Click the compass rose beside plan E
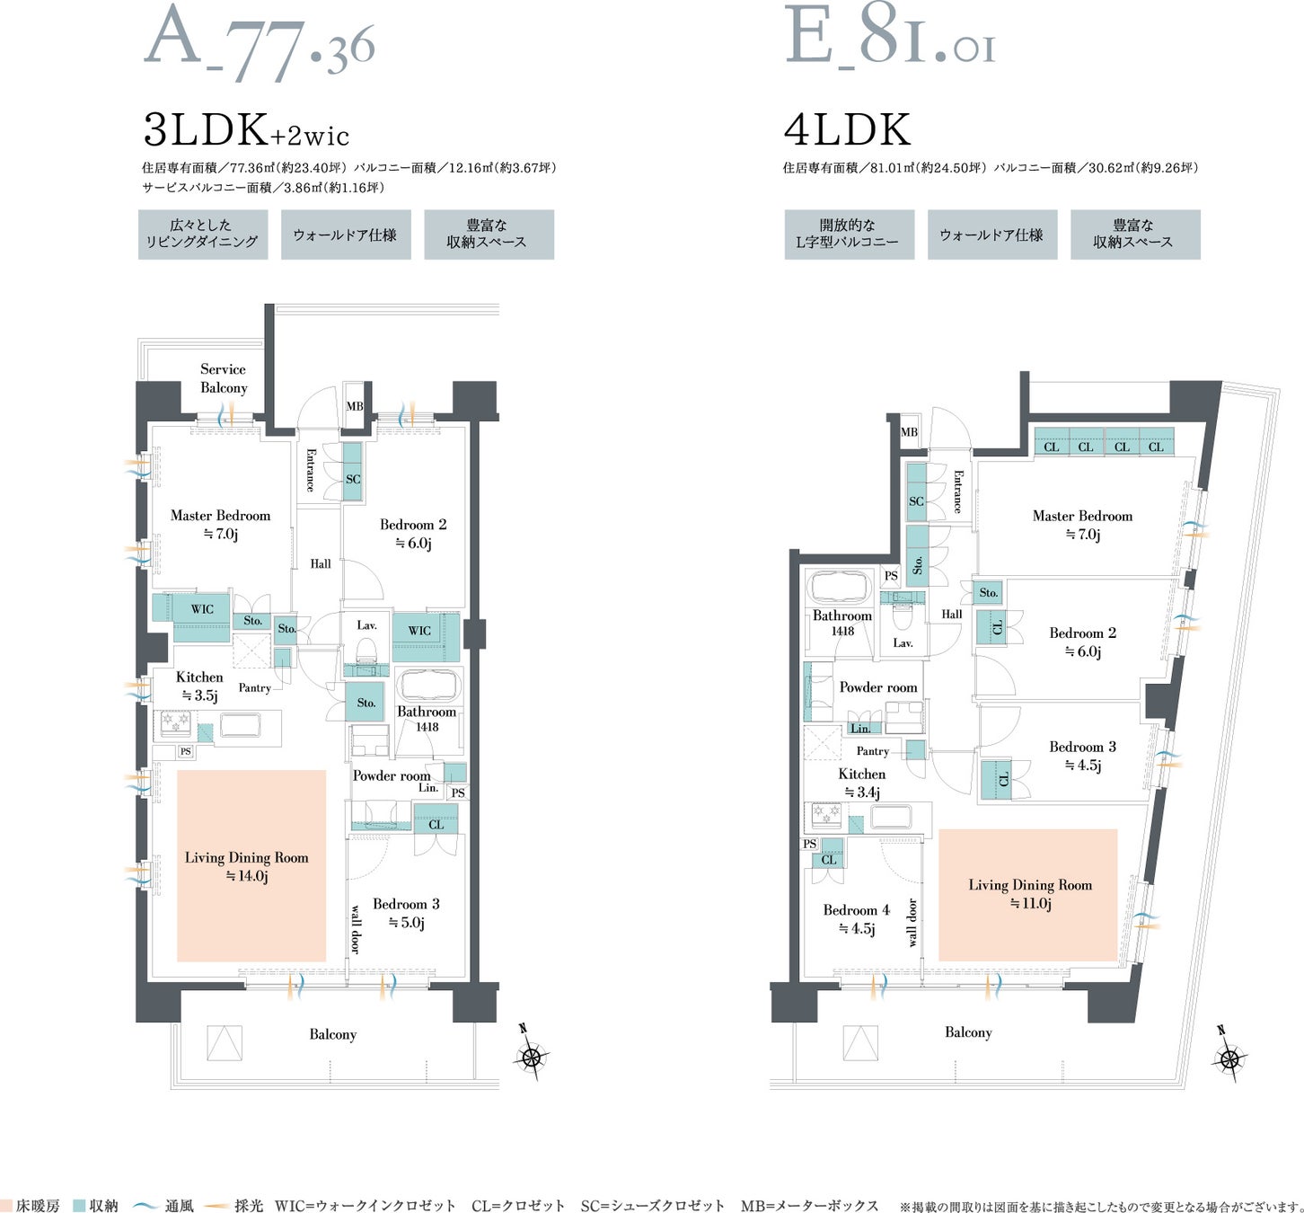pyautogui.click(x=1229, y=1059)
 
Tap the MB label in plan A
pyautogui.click(x=355, y=406)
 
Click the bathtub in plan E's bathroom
pyautogui.click(x=841, y=587)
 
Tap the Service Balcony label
pyautogui.click(x=224, y=378)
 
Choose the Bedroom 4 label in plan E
pyautogui.click(x=856, y=918)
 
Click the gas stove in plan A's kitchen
pyautogui.click(x=176, y=722)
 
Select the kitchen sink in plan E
pyautogui.click(x=891, y=818)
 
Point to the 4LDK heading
pyautogui.click(x=847, y=129)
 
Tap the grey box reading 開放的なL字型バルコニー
pyautogui.click(x=849, y=234)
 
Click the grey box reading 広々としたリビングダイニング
pyautogui.click(x=203, y=234)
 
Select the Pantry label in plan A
pyautogui.click(x=255, y=687)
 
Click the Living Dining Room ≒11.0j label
pyautogui.click(x=1030, y=894)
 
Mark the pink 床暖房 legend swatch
pyautogui.click(x=6, y=1206)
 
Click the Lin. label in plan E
pyautogui.click(x=860, y=728)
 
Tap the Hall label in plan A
pyautogui.click(x=321, y=563)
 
